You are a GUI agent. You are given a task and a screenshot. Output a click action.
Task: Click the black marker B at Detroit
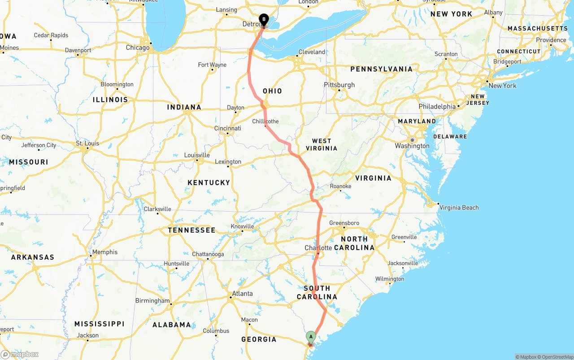[x=264, y=20]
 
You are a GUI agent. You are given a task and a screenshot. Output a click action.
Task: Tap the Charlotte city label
[x=318, y=248]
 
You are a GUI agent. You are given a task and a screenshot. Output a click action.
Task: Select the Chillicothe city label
[x=265, y=121]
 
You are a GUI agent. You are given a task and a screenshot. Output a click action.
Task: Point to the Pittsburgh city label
[x=339, y=85]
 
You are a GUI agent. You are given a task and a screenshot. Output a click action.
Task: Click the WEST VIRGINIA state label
[x=322, y=144]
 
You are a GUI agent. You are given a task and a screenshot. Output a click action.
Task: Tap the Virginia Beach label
[x=459, y=208]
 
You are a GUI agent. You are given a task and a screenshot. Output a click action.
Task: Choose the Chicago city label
[x=138, y=48]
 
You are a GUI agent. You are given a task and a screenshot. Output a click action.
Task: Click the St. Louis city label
[x=87, y=143]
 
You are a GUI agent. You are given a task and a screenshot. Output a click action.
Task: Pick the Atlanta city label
[x=242, y=294]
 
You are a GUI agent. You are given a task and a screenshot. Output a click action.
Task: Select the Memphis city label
[x=104, y=252]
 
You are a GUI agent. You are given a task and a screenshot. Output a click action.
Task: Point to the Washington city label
[x=412, y=146]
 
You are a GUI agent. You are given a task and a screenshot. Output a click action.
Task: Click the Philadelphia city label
[x=437, y=107]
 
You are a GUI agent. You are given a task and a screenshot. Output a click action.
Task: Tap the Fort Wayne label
[x=212, y=65]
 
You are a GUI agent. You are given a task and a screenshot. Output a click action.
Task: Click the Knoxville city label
[x=242, y=226]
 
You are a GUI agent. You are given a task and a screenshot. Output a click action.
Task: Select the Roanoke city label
[x=340, y=186]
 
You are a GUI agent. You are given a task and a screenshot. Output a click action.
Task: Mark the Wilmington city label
[x=390, y=279]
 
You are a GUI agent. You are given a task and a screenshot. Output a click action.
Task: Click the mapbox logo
[x=20, y=354]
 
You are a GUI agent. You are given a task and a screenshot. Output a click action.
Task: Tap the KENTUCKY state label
[x=209, y=182]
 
